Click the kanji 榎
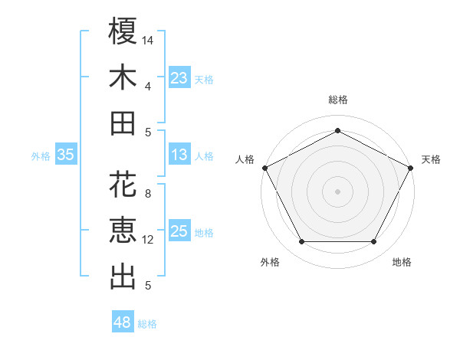(x=123, y=31)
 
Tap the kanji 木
(x=123, y=77)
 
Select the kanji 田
(x=123, y=123)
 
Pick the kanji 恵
(x=123, y=231)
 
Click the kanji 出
(x=123, y=277)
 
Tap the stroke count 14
(x=148, y=39)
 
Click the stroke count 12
(x=148, y=240)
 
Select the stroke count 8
(x=148, y=194)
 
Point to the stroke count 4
(x=148, y=86)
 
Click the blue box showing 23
(x=179, y=77)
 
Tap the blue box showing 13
(x=179, y=155)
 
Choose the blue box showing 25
(x=179, y=231)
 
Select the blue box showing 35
(x=66, y=155)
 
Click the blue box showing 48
(x=123, y=322)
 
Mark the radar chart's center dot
(x=337, y=191)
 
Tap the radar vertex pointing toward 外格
(x=301, y=242)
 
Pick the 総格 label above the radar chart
(x=337, y=100)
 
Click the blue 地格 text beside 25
(x=204, y=233)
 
